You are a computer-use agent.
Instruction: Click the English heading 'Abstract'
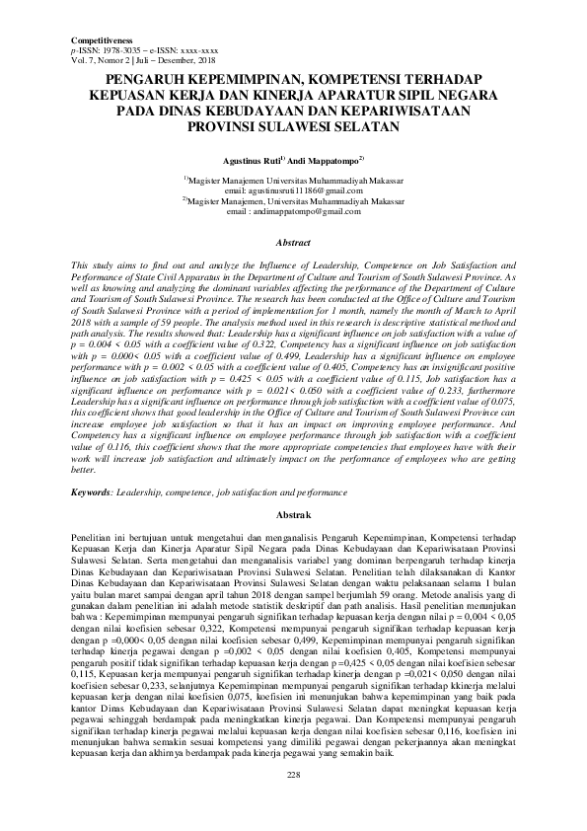click(x=293, y=242)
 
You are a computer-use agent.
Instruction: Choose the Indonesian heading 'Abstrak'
click(x=293, y=515)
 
